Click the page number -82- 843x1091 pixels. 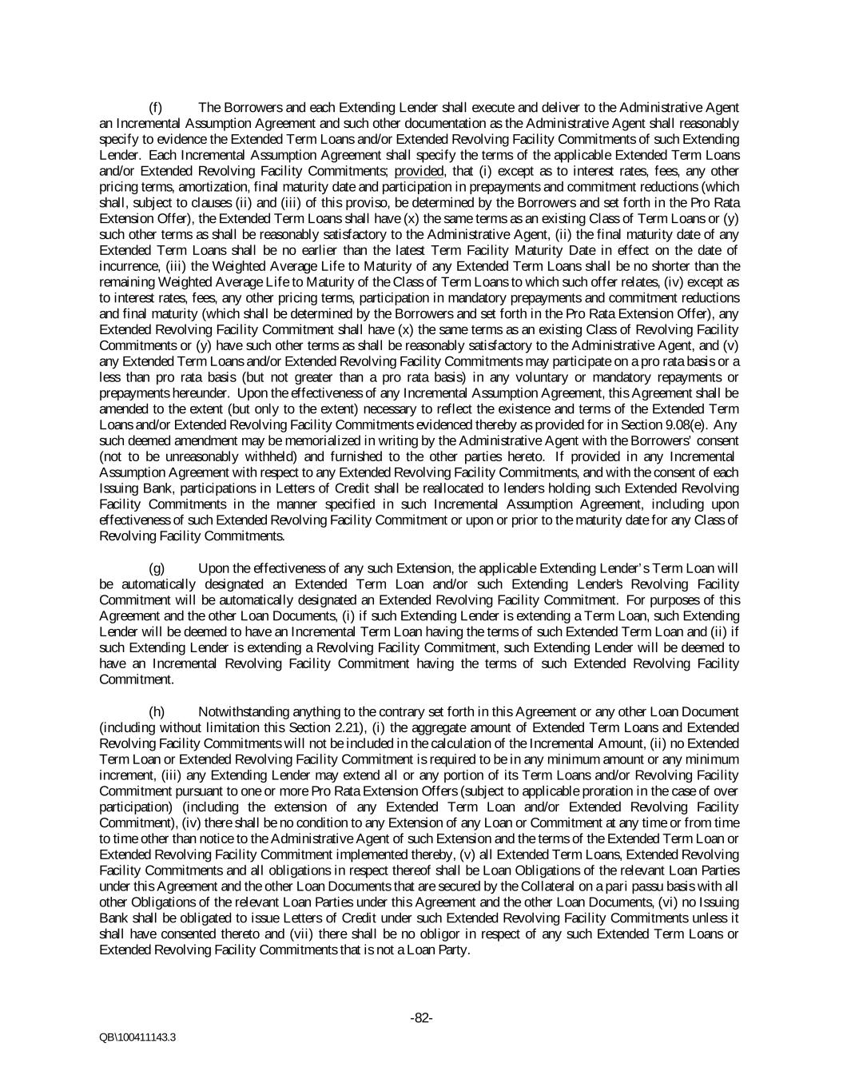pyautogui.click(x=421, y=1017)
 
